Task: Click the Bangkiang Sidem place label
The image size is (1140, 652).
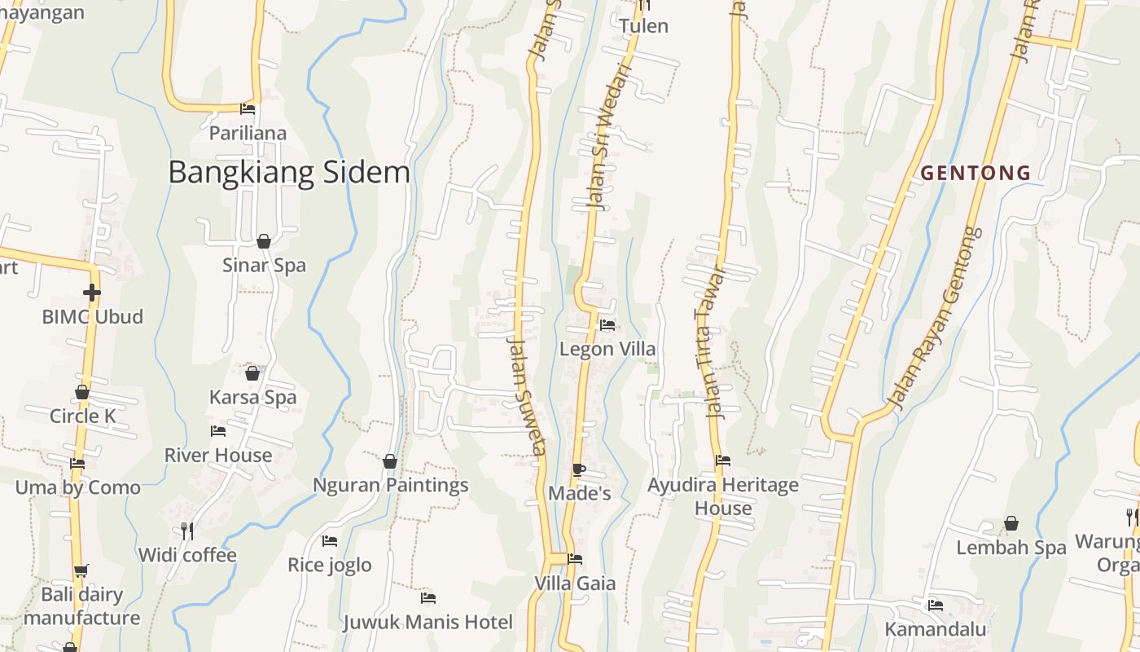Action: [289, 173]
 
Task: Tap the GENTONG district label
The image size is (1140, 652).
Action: [976, 173]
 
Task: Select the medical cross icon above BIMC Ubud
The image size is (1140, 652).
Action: [92, 293]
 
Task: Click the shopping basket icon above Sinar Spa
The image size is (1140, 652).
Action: [264, 241]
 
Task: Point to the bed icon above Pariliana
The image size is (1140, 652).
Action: [248, 108]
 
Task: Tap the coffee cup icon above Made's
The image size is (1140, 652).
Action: [578, 469]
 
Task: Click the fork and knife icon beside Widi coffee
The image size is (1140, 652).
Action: [187, 531]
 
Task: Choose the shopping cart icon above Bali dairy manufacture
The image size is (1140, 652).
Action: [81, 570]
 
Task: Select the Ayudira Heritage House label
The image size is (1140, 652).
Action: [723, 496]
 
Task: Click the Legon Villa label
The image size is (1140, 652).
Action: [607, 349]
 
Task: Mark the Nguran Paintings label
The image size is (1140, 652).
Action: [391, 485]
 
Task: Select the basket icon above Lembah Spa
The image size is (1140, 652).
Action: [1011, 523]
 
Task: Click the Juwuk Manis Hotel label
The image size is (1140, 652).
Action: [427, 623]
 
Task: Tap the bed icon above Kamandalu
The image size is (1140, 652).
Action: [936, 606]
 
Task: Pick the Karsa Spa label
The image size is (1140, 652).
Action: [252, 397]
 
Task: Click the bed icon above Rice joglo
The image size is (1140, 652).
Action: [330, 540]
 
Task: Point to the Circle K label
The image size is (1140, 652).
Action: [83, 416]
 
